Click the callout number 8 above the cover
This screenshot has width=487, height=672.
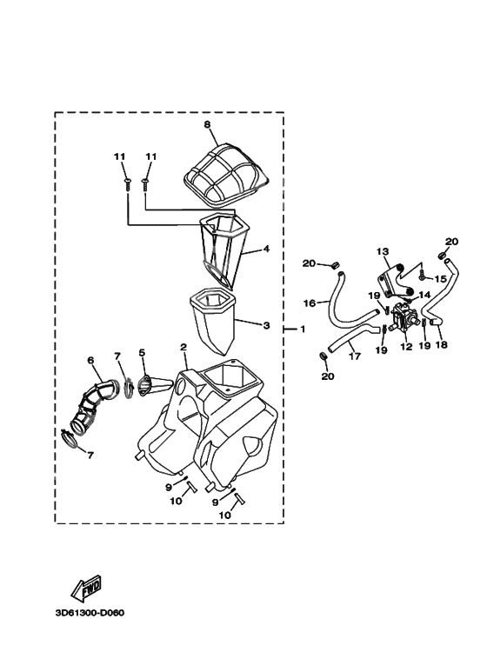coord(208,124)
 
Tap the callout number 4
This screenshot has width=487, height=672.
coord(266,248)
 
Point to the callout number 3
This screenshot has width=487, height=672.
coord(266,326)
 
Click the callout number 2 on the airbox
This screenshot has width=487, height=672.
coord(183,347)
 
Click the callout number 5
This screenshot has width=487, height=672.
coord(142,352)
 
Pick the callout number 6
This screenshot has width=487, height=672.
coord(90,361)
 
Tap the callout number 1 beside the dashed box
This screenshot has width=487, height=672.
coord(303,329)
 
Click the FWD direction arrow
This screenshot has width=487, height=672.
coord(86,587)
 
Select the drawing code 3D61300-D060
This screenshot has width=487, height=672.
coord(90,613)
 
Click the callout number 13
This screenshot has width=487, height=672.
coord(383,250)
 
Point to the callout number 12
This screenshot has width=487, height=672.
coord(406,347)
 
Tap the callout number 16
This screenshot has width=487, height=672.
coord(309,303)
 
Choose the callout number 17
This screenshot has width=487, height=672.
coord(355,356)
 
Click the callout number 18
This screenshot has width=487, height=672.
coord(441,344)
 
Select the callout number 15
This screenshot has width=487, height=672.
coord(441,279)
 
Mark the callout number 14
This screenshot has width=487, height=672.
coord(424,295)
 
